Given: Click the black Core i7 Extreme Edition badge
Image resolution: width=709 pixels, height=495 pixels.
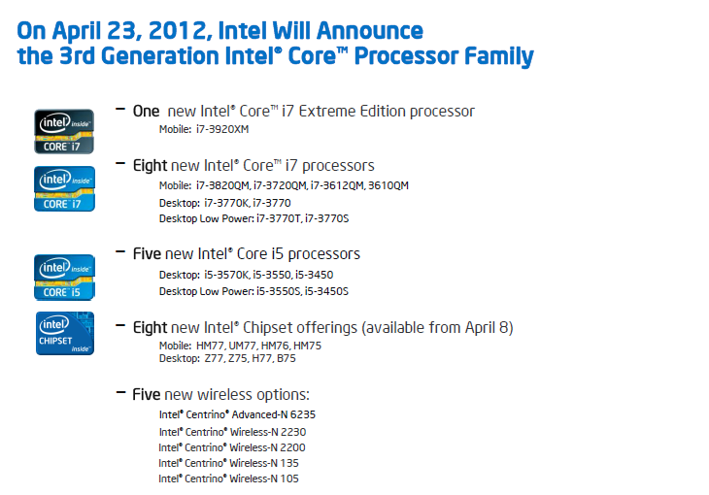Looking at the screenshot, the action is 64,132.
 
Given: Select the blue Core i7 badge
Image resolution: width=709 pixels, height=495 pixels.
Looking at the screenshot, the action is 64,188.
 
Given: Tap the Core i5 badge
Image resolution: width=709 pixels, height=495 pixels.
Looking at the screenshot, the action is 64,278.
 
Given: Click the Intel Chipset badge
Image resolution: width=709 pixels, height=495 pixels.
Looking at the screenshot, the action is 65,333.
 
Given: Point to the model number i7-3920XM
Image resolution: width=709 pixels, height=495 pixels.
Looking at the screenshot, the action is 222,129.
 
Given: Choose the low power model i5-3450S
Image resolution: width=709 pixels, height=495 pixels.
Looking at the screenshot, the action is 326,291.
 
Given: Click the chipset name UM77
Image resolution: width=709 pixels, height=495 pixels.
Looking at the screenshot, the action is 243,346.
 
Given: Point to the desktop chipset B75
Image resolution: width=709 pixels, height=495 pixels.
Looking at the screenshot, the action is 287,358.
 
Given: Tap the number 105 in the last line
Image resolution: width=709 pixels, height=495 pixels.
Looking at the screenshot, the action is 288,478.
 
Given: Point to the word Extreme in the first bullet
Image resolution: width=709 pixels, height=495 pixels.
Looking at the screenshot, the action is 327,112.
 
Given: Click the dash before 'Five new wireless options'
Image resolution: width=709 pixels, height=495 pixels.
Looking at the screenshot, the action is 120,393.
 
